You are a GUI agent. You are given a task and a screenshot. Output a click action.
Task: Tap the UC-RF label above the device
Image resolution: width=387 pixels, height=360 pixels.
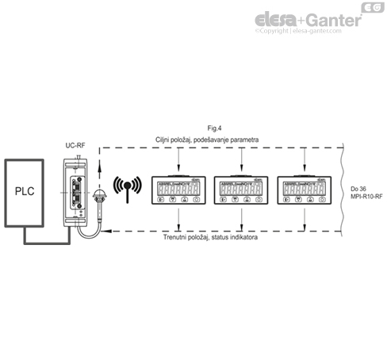click(75, 146)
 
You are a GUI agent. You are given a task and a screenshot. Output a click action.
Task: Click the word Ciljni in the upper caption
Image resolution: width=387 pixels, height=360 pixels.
click(164, 140)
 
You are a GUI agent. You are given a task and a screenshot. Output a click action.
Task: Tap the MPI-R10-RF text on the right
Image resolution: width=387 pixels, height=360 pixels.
click(366, 195)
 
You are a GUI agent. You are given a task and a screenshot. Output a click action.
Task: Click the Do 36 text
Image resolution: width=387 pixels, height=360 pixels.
click(358, 187)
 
